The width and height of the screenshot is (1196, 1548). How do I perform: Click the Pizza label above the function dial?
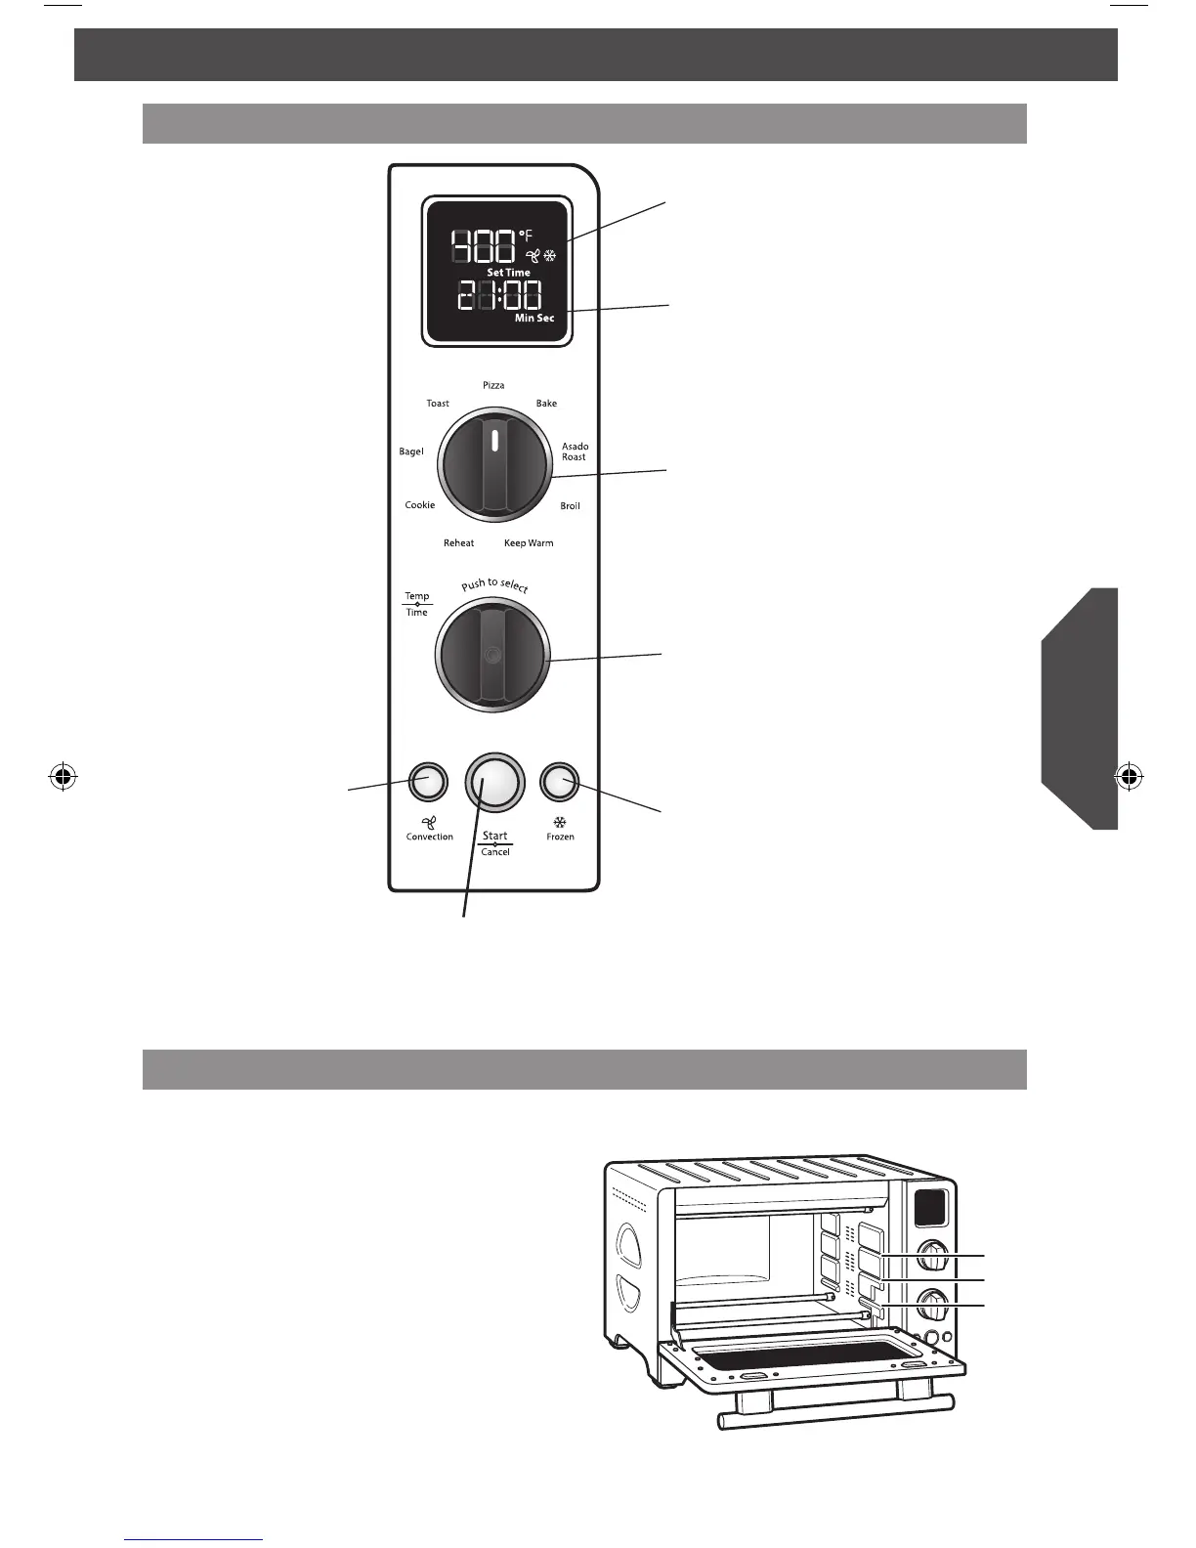click(x=493, y=386)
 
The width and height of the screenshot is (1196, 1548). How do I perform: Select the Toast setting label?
click(x=438, y=404)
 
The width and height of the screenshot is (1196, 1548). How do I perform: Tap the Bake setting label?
click(x=546, y=404)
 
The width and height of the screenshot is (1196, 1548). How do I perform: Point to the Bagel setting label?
click(x=411, y=451)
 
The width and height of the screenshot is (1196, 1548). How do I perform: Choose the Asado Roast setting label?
click(x=575, y=451)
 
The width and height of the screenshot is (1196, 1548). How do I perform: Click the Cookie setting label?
click(x=420, y=505)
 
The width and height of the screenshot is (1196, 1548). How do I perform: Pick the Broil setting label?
click(x=570, y=506)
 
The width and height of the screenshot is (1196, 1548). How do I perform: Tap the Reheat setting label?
click(x=458, y=543)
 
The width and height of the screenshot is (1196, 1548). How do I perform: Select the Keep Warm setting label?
click(x=529, y=543)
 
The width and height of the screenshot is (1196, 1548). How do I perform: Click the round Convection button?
click(x=427, y=781)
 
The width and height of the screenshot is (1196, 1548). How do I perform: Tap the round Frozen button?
click(x=560, y=781)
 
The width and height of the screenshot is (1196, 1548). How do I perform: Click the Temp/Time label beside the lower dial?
click(x=417, y=604)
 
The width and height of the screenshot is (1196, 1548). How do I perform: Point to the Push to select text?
click(x=494, y=585)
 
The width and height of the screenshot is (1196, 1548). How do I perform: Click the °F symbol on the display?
click(x=527, y=235)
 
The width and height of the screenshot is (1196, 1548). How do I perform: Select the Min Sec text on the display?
click(x=534, y=319)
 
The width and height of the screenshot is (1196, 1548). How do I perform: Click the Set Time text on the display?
click(x=508, y=273)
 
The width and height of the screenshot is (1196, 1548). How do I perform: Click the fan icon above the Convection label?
click(x=429, y=822)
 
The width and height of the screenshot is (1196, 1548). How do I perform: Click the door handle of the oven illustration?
click(x=835, y=1413)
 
